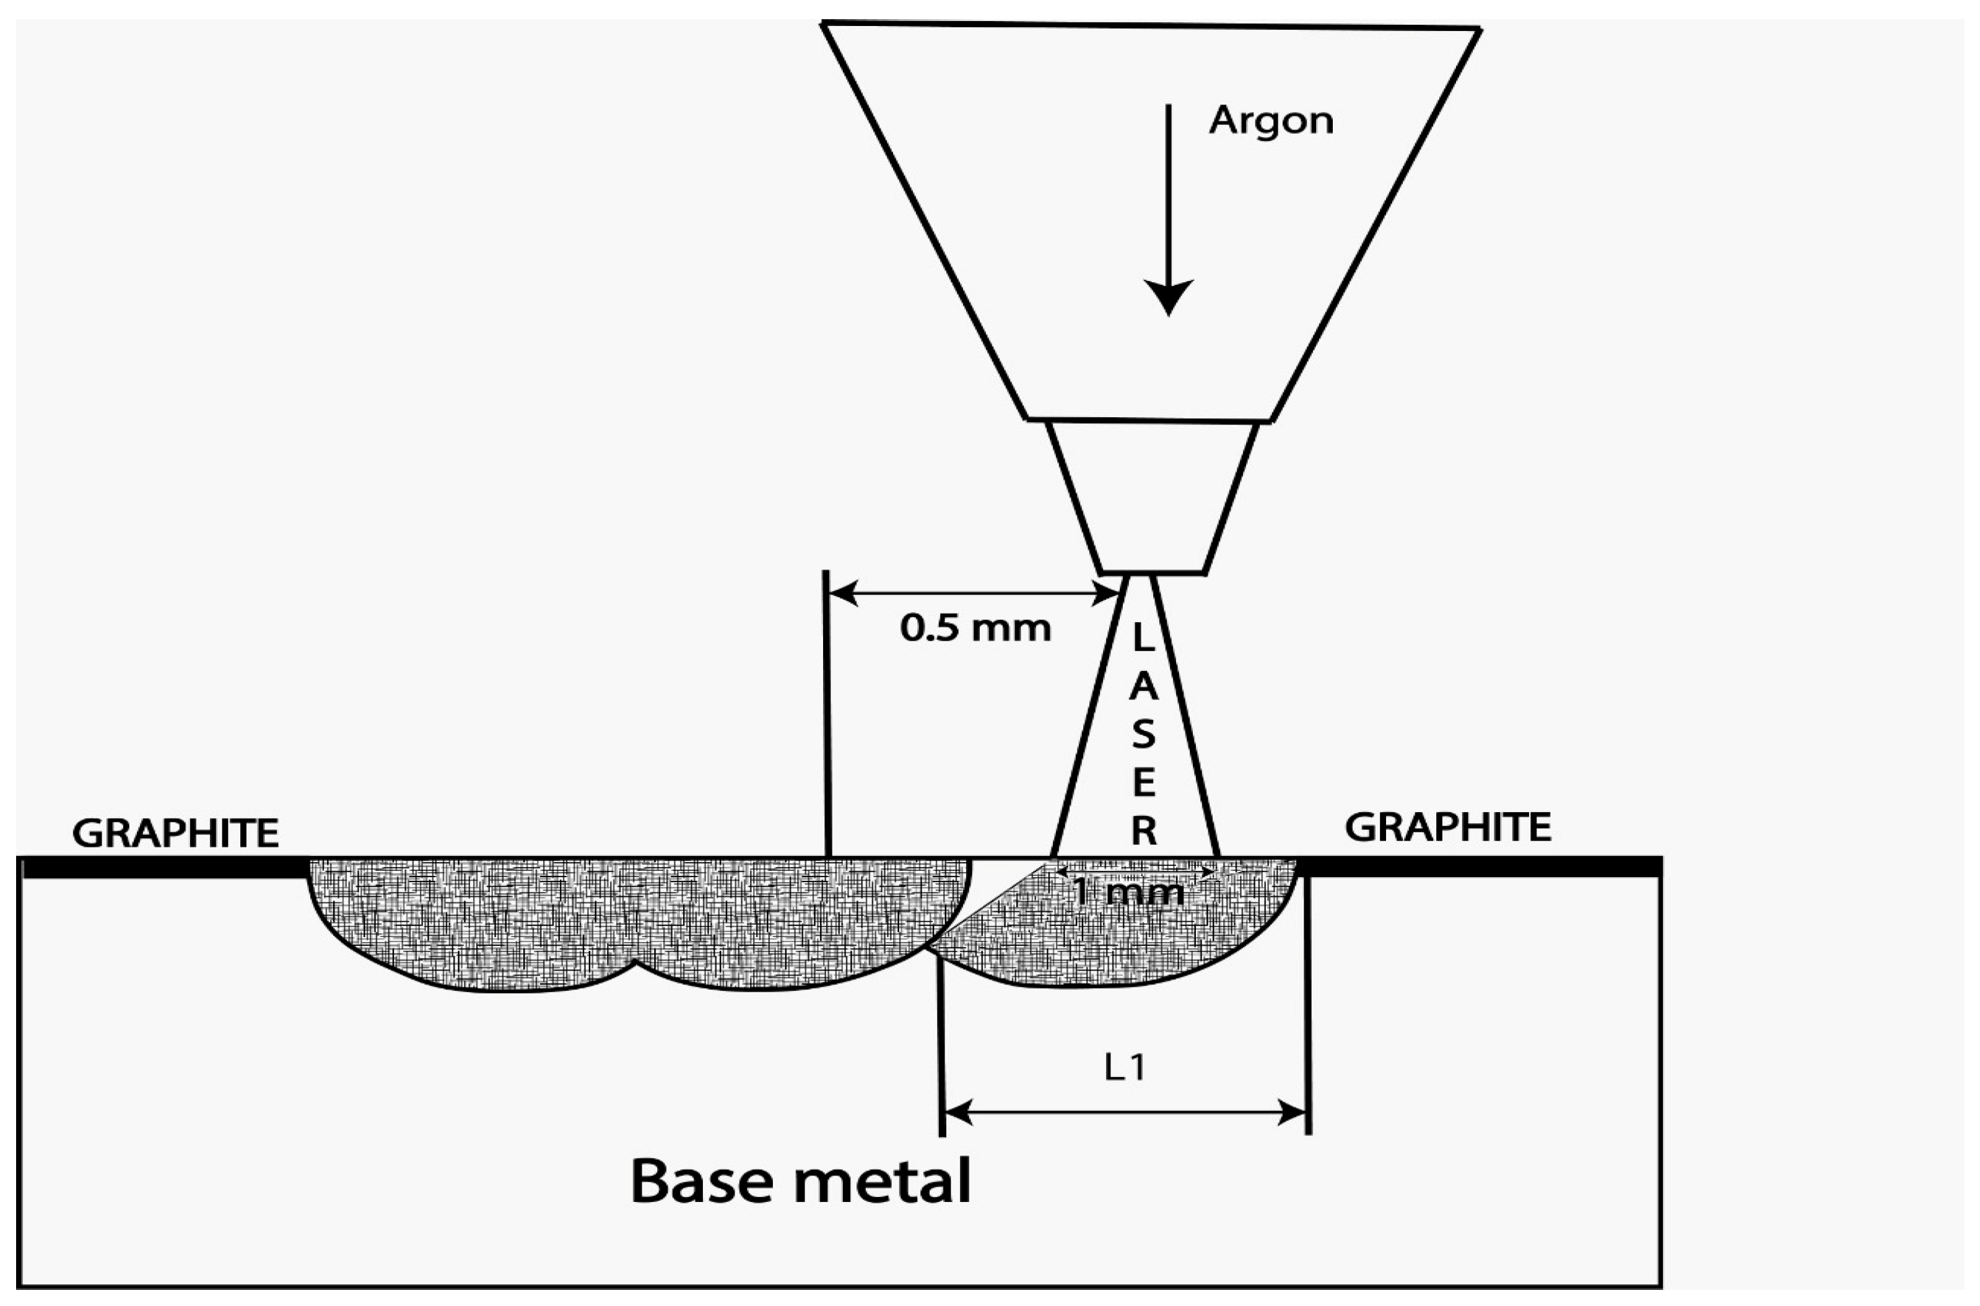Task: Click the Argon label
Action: point(1271,121)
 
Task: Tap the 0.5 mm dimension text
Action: point(975,629)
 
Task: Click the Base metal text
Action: point(801,1181)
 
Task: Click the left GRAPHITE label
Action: point(176,833)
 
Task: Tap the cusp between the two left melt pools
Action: point(636,964)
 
